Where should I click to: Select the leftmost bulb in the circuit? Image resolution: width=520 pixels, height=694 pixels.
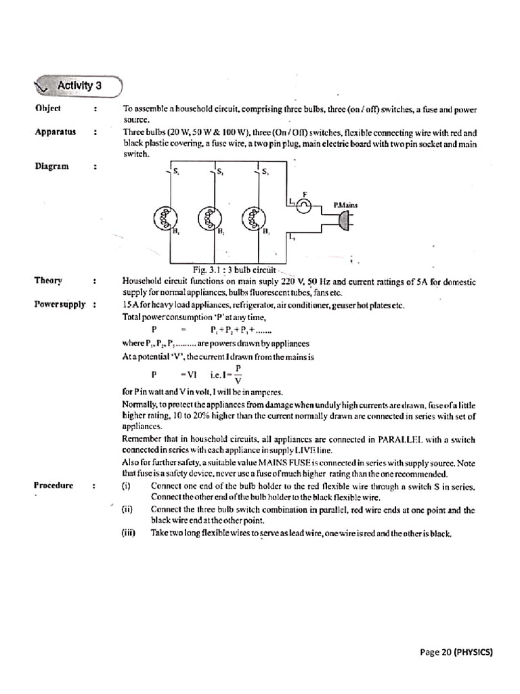tap(165, 218)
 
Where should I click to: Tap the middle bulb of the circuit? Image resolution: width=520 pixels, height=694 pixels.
tap(209, 218)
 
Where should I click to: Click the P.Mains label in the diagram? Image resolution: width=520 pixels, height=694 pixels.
tap(345, 204)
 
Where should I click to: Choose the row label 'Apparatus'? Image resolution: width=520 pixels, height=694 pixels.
tap(54, 131)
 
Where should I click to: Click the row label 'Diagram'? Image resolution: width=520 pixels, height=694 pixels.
tap(51, 166)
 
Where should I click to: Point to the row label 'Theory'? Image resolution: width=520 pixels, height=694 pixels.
tap(48, 281)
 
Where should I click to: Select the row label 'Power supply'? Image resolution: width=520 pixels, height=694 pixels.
tap(60, 304)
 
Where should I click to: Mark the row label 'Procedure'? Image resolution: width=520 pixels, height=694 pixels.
tap(55, 485)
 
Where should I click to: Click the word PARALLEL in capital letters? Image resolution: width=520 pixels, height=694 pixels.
tap(402, 438)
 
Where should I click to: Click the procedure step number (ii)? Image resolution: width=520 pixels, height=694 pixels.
tap(128, 509)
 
